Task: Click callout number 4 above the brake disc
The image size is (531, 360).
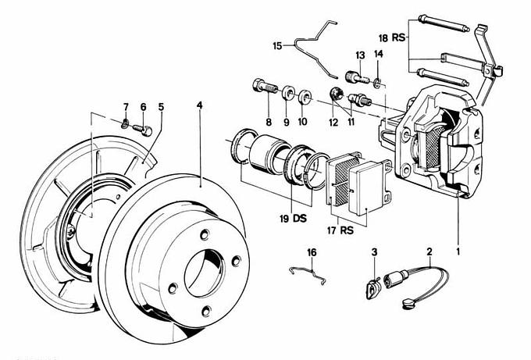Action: click(199, 105)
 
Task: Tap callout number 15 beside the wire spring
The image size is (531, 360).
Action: click(277, 46)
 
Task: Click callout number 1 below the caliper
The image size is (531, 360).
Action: click(458, 252)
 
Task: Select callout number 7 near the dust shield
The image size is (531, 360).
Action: click(125, 107)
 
